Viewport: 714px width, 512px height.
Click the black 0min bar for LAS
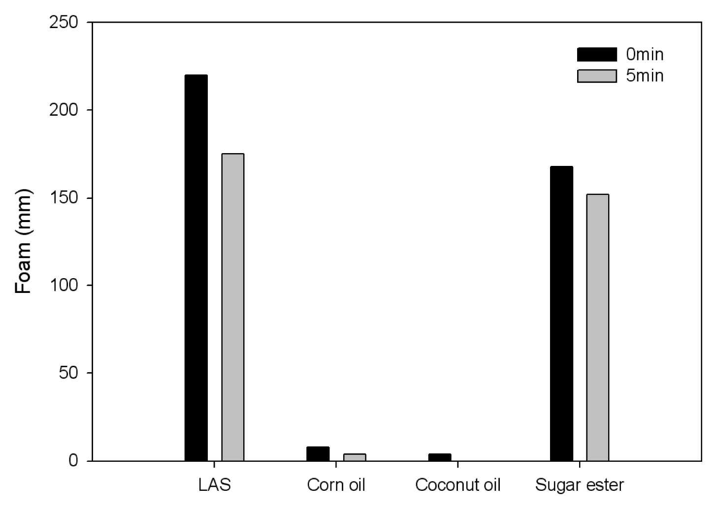click(196, 268)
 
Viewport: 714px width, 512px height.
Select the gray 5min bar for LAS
click(233, 308)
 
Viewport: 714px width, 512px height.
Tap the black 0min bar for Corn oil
click(318, 454)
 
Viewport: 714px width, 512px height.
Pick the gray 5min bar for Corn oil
click(355, 457)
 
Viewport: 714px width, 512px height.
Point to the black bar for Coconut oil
click(440, 457)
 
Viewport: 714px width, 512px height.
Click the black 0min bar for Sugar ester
click(561, 314)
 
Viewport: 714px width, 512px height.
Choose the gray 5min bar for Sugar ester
click(598, 327)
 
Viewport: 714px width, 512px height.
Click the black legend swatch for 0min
click(597, 55)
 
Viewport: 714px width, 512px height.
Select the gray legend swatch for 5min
click(597, 76)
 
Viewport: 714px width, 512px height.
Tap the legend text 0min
click(645, 55)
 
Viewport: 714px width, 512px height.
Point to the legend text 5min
click(645, 76)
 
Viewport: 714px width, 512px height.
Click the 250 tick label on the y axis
click(64, 23)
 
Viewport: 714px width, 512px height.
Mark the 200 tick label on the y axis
click(64, 110)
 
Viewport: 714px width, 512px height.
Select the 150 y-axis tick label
click(64, 198)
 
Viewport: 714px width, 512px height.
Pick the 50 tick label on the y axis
click(68, 373)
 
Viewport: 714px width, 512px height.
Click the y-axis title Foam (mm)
click(23, 241)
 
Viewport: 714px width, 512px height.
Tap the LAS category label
click(214, 485)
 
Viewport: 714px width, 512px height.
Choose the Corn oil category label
click(336, 485)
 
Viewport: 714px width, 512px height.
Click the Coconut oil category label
click(458, 485)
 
